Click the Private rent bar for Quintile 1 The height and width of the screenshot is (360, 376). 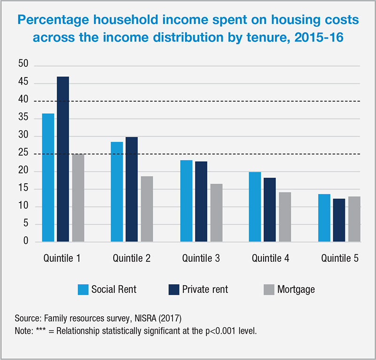pos(63,159)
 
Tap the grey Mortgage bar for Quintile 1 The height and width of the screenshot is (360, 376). pos(78,198)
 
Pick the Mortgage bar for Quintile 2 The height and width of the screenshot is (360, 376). pos(147,209)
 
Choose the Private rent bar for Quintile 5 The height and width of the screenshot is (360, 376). pos(339,220)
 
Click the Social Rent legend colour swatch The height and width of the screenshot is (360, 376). pos(83,289)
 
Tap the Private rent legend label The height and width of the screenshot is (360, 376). pos(205,289)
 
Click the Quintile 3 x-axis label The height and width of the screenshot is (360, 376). pos(201,258)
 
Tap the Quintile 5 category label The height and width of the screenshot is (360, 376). pos(340,258)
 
